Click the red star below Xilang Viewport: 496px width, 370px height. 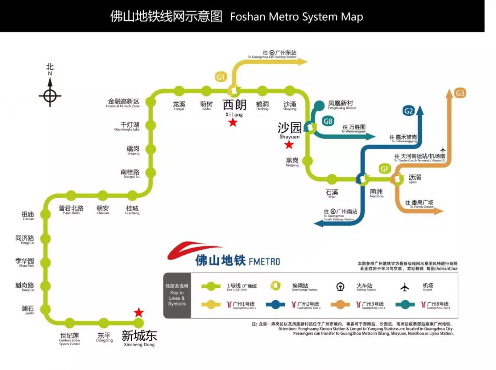pyautogui.click(x=233, y=123)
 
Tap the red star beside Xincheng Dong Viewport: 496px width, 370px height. pyautogui.click(x=138, y=313)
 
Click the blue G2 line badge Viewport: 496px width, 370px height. pyautogui.click(x=409, y=110)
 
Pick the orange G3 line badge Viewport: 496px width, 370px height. pyautogui.click(x=460, y=93)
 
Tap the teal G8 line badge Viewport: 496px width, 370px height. pyautogui.click(x=328, y=121)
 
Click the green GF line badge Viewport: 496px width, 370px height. pyautogui.click(x=384, y=168)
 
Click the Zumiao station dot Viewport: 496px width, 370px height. pyautogui.click(x=45, y=214)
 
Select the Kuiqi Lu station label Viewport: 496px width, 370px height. pyautogui.click(x=25, y=286)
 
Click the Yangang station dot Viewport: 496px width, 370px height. pyautogui.click(x=308, y=161)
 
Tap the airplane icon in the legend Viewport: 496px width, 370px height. pyautogui.click(x=405, y=287)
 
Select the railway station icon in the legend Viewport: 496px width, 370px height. pyautogui.click(x=340, y=287)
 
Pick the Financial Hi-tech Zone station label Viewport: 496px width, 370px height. pyautogui.click(x=123, y=103)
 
